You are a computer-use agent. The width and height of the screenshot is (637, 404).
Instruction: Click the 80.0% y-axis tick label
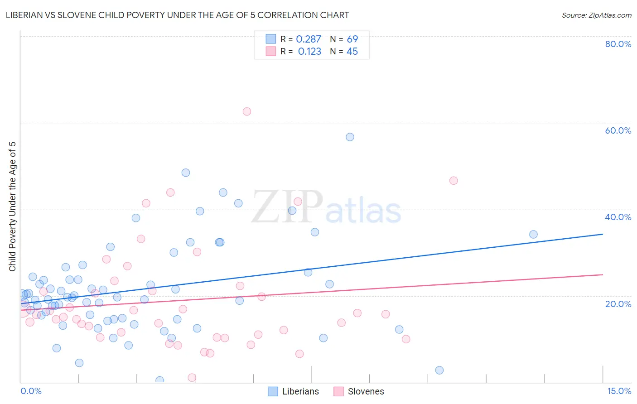618,44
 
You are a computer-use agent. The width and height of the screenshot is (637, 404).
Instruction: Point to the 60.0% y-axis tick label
618,130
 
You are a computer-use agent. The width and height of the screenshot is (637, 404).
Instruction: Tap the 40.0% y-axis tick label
618,217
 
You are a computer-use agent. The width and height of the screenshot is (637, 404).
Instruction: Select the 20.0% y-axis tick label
618,303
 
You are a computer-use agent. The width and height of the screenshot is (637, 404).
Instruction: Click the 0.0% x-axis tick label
31,391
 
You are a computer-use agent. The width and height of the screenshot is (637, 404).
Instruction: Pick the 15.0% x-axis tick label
619,391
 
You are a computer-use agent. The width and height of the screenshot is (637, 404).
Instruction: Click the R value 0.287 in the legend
309,39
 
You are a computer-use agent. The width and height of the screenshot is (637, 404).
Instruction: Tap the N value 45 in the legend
352,52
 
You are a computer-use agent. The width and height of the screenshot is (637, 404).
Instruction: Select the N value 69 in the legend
352,39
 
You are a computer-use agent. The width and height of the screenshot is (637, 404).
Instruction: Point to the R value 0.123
309,52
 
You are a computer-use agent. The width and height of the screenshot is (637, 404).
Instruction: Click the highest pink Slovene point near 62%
247,111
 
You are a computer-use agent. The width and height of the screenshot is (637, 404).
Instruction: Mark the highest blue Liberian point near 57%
350,137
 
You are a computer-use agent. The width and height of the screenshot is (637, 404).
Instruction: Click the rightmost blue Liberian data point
533,234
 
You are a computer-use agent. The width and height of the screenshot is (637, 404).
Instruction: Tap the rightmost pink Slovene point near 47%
454,181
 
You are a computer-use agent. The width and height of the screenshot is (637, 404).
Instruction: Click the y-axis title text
13,207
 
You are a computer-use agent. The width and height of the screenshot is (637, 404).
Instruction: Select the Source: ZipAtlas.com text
596,15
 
